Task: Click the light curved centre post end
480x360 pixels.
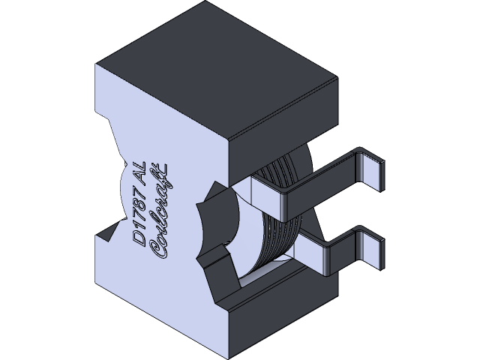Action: [221, 225]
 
